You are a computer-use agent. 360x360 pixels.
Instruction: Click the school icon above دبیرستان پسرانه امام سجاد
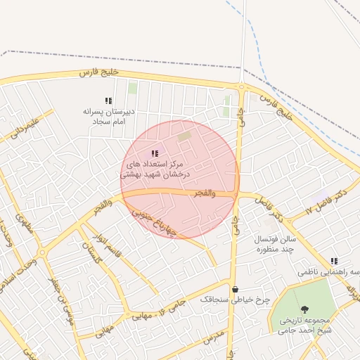[x=108, y=101]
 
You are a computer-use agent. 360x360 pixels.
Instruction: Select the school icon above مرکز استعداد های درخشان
[x=155, y=153]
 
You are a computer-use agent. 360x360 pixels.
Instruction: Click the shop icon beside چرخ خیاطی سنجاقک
[x=235, y=289]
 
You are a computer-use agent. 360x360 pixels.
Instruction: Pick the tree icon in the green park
[x=304, y=309]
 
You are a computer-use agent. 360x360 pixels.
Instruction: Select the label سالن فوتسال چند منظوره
[x=276, y=244]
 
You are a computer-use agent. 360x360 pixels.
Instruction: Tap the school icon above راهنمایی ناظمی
[x=333, y=261]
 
